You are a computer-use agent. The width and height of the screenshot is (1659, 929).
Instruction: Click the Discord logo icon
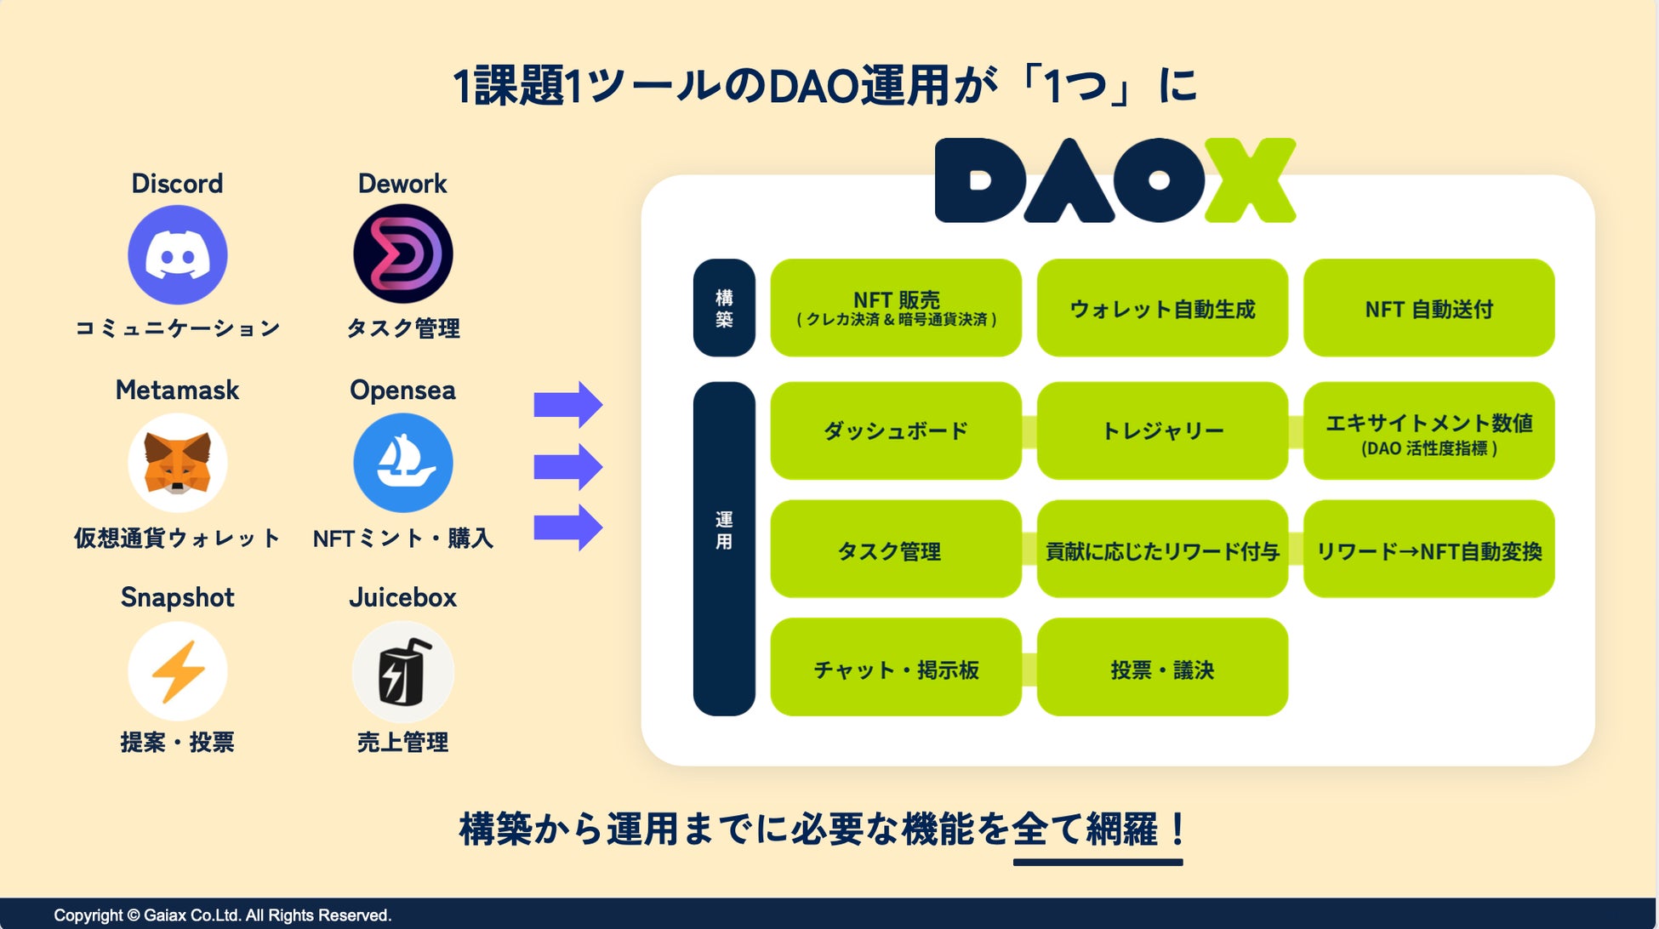coord(177,254)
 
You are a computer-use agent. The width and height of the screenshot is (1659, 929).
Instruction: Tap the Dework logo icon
coord(402,254)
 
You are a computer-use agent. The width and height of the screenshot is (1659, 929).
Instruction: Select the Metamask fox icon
coord(177,463)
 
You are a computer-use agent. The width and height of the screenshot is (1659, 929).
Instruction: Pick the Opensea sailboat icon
coord(402,463)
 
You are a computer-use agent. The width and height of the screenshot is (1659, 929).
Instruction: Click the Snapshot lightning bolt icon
coord(177,671)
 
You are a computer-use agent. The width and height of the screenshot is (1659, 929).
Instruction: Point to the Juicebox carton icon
coord(402,671)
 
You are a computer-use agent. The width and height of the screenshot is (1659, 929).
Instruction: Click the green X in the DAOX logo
coord(1249,180)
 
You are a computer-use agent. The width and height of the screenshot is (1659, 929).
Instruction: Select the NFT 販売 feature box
coord(895,308)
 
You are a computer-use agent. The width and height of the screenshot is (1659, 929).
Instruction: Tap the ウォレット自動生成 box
coord(1162,308)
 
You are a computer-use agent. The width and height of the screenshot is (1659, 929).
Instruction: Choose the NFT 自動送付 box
coord(1428,308)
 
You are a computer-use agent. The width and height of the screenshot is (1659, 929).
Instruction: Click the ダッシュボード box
coord(895,430)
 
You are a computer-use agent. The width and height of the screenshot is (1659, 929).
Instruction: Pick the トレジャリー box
coord(1162,430)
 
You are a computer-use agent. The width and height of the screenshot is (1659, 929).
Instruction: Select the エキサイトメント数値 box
coord(1428,430)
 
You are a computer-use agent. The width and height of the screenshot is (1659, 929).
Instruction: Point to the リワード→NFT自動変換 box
coord(1428,550)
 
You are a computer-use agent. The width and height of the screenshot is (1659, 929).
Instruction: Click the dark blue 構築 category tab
coord(724,308)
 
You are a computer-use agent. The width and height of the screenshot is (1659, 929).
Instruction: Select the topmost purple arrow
coord(567,405)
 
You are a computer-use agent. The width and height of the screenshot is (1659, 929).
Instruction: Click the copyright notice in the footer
coord(222,915)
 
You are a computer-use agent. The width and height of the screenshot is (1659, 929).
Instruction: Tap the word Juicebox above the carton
coord(402,597)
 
